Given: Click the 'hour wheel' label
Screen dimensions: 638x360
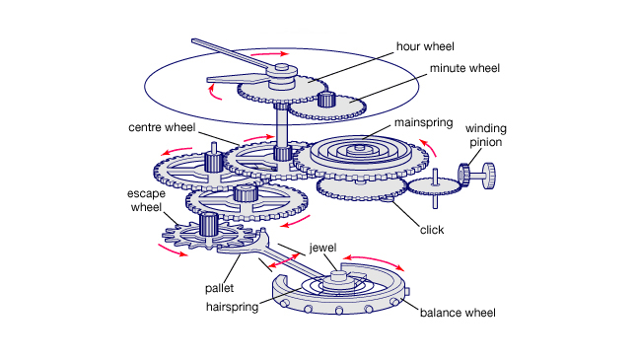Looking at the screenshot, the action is click(x=425, y=46).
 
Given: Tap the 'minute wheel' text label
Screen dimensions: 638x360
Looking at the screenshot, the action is click(x=464, y=68).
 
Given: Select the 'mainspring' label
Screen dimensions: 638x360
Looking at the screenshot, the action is click(x=424, y=123).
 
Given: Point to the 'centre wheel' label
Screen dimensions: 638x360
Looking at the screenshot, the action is click(x=162, y=127).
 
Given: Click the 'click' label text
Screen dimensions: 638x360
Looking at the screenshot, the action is click(x=432, y=230).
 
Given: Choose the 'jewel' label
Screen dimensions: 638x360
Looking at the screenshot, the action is click(x=323, y=248).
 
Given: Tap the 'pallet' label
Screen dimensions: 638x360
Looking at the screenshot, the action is click(x=219, y=288).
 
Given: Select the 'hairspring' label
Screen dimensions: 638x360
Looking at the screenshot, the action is click(x=233, y=307).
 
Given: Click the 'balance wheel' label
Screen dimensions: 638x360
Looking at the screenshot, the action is click(x=458, y=313).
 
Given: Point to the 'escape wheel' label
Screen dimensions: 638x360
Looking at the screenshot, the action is click(x=147, y=200).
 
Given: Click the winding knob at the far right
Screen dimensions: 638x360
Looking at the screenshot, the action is click(x=489, y=176).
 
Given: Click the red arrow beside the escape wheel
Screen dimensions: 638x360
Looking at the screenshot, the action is click(x=173, y=251).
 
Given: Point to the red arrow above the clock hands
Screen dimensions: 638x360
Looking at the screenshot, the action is click(x=269, y=53).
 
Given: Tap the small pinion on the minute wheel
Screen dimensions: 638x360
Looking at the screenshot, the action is click(x=326, y=100).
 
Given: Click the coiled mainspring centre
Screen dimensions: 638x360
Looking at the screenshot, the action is click(x=359, y=148).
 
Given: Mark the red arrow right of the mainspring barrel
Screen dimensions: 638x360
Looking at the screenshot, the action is click(x=428, y=147).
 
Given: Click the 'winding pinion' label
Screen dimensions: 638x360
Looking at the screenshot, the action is click(x=486, y=135).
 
